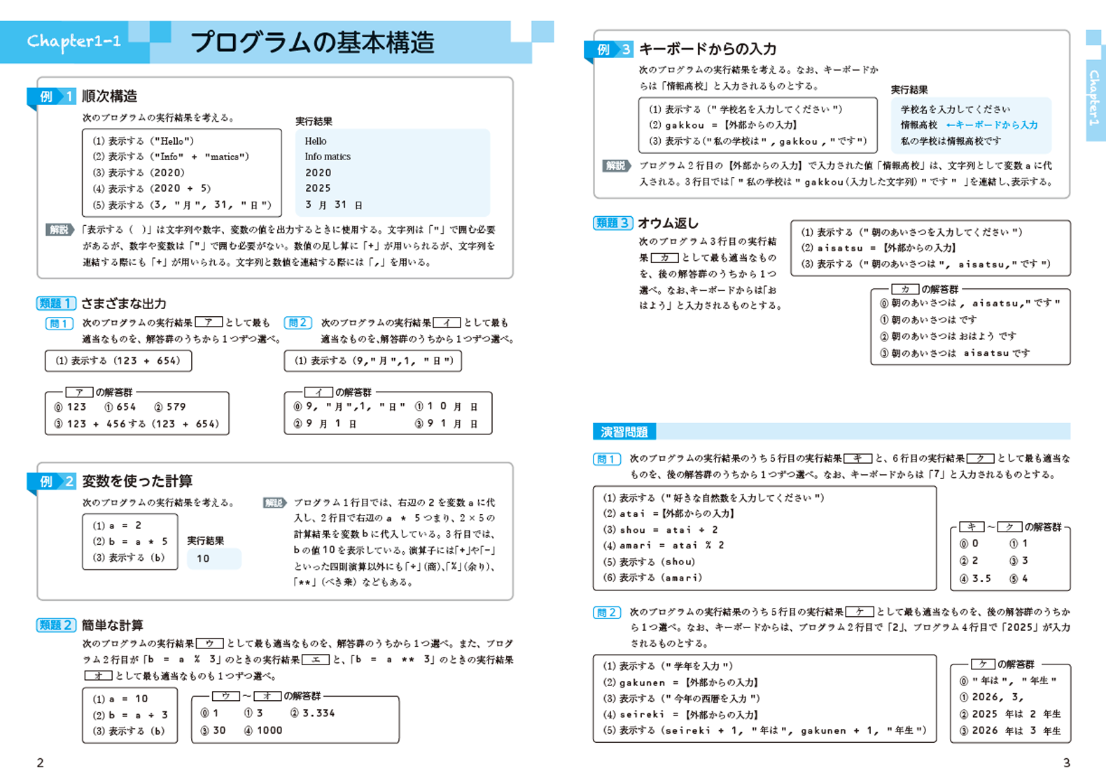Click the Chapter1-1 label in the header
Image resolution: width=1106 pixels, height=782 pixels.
[74, 42]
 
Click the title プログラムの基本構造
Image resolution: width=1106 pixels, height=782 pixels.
[313, 42]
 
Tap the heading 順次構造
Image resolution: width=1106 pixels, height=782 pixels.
[109, 96]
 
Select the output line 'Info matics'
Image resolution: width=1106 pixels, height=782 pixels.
[328, 157]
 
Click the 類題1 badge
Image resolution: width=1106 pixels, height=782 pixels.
[55, 303]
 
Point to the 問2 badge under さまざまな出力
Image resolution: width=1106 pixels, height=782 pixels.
[297, 322]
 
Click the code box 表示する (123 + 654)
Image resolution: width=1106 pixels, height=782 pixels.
[118, 361]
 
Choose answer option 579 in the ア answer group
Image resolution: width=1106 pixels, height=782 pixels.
[171, 406]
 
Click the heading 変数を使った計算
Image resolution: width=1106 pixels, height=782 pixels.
[137, 481]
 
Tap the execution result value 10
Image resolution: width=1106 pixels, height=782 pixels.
[204, 558]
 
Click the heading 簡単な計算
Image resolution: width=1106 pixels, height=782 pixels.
[112, 625]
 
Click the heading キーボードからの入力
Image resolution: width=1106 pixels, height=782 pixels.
[708, 49]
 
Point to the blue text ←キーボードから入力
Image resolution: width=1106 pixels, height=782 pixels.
[992, 125]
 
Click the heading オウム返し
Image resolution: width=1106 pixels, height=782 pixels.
[668, 222]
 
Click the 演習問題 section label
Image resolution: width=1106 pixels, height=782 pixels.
[624, 432]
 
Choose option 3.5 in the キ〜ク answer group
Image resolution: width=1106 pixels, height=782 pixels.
[976, 578]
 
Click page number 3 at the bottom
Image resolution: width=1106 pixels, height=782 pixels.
[1066, 762]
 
